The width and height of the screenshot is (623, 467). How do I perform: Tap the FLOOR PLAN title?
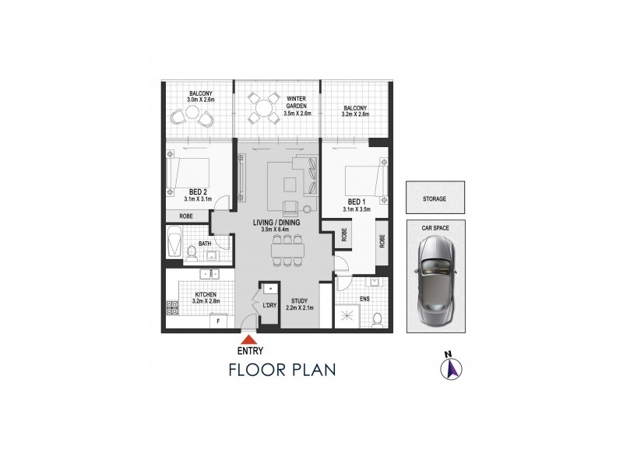282,368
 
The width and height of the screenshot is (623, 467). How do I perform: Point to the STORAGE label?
435,199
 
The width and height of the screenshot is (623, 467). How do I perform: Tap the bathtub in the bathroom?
174,242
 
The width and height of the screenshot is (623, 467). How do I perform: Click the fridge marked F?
218,321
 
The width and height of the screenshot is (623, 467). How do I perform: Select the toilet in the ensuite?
377,319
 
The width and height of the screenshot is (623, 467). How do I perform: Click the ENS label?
364,298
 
